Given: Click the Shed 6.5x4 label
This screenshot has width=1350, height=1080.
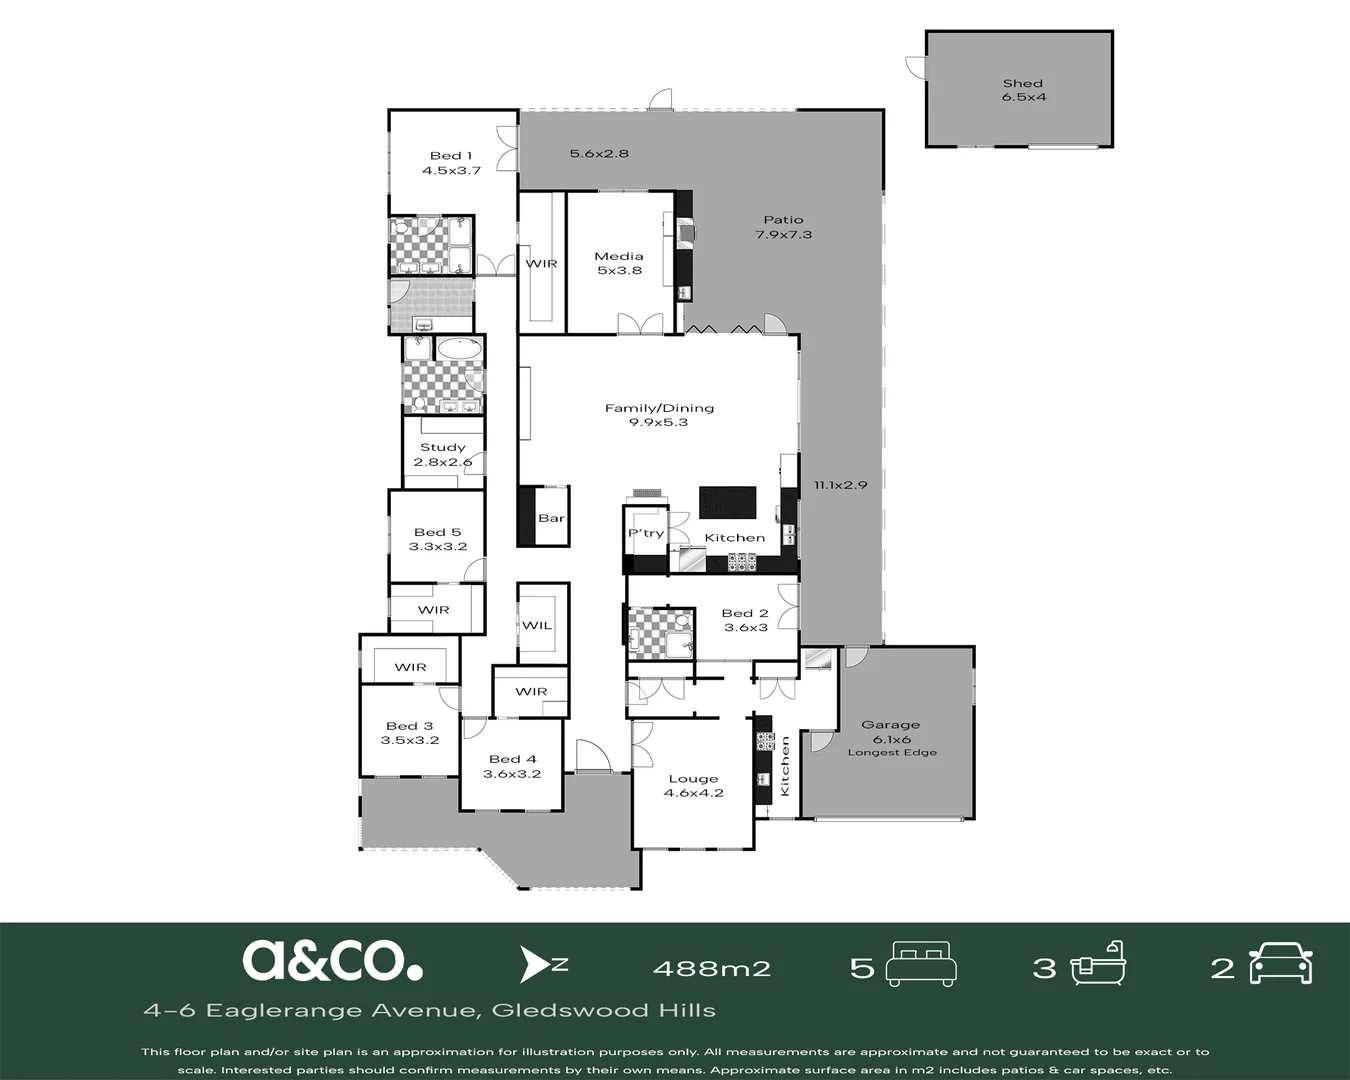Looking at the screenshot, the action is [1024, 90].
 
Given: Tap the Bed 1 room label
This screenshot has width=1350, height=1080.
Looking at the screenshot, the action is [451, 163].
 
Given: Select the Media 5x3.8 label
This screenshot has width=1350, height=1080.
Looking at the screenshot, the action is [619, 263].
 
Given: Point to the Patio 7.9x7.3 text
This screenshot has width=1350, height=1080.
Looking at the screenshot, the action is [784, 227].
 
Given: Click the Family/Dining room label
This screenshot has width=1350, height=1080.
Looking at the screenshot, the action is [659, 415].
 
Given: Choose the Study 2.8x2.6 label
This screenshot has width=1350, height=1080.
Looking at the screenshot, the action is [443, 454].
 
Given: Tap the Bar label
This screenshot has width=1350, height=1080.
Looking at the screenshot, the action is [551, 518].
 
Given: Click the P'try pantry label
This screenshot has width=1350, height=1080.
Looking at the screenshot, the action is [646, 533].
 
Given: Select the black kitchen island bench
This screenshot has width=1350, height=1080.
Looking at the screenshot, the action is [728, 502].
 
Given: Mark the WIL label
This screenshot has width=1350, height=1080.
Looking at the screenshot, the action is [537, 625].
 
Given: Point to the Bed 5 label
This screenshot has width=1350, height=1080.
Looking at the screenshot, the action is [438, 539].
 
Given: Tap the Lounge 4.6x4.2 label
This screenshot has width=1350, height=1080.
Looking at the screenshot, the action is [693, 786].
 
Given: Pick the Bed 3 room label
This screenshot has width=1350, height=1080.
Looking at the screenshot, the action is [410, 732].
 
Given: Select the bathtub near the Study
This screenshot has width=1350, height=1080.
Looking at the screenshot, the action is [460, 348].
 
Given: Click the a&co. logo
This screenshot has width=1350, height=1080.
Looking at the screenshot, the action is [333, 960].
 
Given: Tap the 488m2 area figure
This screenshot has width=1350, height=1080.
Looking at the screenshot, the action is [711, 968].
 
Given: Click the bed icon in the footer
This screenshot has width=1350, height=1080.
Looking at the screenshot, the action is [921, 964].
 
